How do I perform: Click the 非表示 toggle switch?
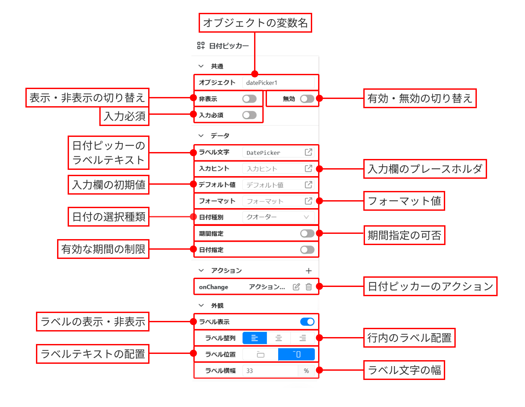click(x=249, y=99)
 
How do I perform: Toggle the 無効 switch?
click(x=307, y=99)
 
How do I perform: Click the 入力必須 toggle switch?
click(x=249, y=115)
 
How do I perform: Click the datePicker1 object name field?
click(x=278, y=82)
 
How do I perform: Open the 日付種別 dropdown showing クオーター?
click(x=278, y=217)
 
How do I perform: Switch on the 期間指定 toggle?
click(x=307, y=234)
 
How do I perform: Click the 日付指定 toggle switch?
click(x=307, y=250)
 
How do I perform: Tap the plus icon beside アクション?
click(x=309, y=271)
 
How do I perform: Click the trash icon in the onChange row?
click(x=309, y=287)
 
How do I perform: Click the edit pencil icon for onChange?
click(x=296, y=287)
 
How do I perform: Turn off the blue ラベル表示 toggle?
click(x=307, y=322)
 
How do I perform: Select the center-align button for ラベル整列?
click(x=279, y=338)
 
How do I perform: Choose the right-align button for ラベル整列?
click(x=303, y=338)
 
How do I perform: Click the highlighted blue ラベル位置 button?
click(x=296, y=354)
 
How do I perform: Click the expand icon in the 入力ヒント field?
click(x=308, y=169)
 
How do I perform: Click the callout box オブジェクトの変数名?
click(x=255, y=23)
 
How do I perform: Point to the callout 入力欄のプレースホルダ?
click(x=425, y=169)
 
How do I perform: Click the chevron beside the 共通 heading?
click(x=201, y=66)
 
